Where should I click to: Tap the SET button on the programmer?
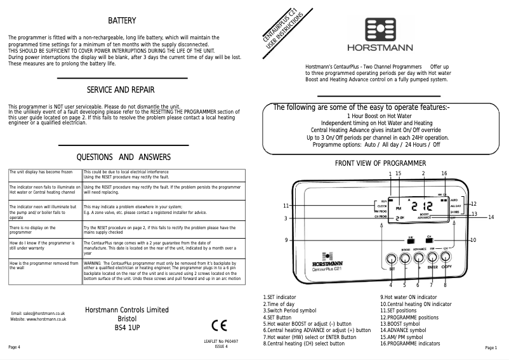[392, 260]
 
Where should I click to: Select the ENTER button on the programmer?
[433, 258]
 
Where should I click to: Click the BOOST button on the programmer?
[406, 258]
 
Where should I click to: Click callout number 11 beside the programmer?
[286, 206]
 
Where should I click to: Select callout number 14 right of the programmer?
[491, 217]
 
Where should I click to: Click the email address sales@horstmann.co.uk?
[39, 314]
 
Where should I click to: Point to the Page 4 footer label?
[14, 348]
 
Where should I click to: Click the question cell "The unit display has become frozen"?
[44, 172]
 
